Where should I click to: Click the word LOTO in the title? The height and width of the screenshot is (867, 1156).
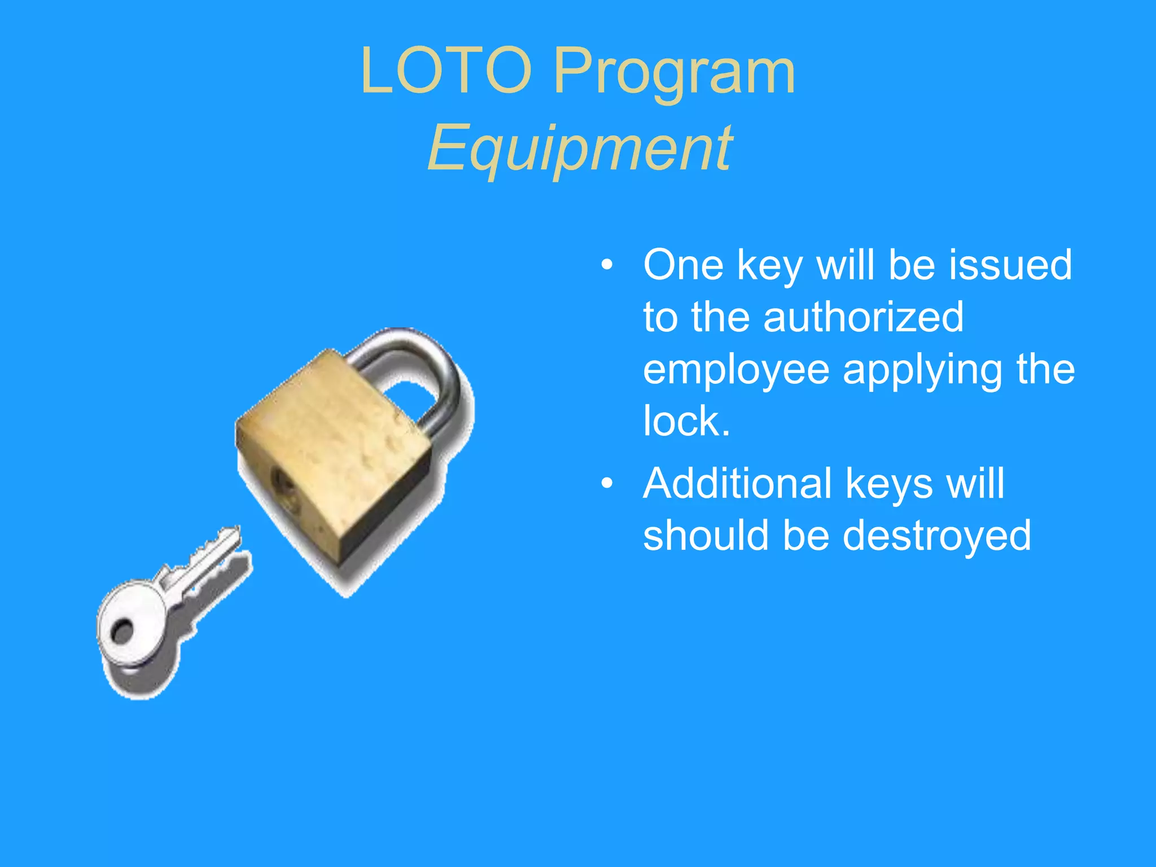pos(446,72)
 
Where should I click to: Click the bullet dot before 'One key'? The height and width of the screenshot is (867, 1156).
pos(607,265)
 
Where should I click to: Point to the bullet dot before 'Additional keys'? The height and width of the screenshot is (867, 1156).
pos(607,483)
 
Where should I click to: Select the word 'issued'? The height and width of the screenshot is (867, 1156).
pos(1010,265)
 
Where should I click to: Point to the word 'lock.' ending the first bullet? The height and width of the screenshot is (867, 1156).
pos(686,421)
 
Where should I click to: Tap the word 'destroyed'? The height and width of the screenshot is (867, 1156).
pos(937,536)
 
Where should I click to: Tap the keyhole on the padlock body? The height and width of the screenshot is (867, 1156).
pos(282,484)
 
